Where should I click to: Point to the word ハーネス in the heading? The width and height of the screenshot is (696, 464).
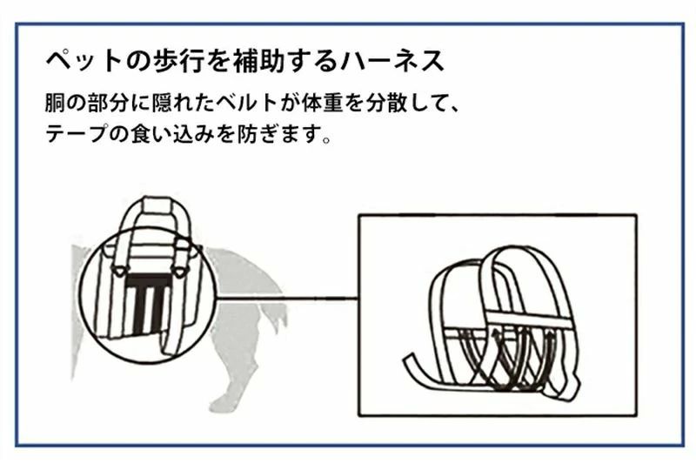pyautogui.click(x=392, y=61)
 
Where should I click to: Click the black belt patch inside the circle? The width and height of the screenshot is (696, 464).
pyautogui.click(x=148, y=304)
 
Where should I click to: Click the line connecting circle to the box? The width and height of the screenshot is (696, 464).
pyautogui.click(x=287, y=299)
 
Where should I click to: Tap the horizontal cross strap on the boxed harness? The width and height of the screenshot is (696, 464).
pyautogui.click(x=528, y=320)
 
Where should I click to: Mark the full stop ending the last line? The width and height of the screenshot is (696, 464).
pyautogui.click(x=327, y=140)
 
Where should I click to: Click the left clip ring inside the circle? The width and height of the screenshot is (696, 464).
pyautogui.click(x=118, y=271)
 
